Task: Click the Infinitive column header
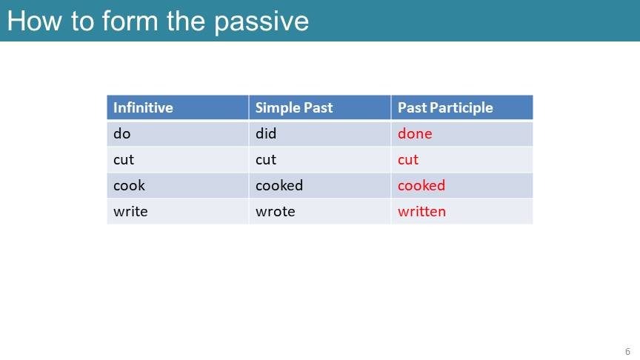[143, 107]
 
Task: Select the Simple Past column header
[294, 107]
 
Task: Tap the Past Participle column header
[445, 107]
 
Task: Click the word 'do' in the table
[121, 133]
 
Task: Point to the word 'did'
[266, 133]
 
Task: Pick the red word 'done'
[415, 133]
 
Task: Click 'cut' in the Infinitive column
[123, 159]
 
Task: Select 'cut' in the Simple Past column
[266, 159]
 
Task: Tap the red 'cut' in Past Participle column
[408, 159]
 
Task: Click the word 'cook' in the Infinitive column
[129, 185]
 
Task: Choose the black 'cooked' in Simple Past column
[279, 185]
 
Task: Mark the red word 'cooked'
[421, 185]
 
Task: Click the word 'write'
[130, 211]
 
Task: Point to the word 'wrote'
[275, 211]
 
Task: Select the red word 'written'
[421, 211]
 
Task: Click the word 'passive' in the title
[261, 22]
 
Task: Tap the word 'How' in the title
[34, 21]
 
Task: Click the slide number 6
[627, 351]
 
